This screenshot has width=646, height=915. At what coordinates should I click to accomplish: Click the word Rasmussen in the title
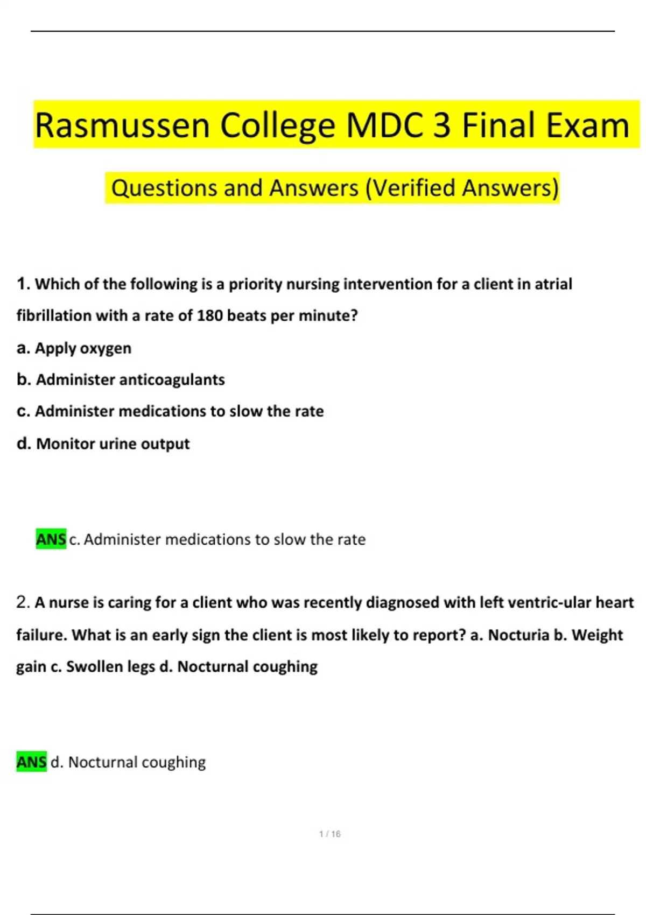[x=122, y=125]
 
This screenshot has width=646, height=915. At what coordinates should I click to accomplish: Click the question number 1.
[x=23, y=284]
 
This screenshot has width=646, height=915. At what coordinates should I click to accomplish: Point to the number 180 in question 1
[x=210, y=315]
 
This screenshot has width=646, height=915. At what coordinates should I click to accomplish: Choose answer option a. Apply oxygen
[x=74, y=348]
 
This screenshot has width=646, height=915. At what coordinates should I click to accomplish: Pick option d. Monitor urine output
[x=103, y=444]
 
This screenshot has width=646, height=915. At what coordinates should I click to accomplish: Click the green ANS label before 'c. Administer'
[x=51, y=539]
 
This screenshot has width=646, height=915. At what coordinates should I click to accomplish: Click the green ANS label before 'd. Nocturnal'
[x=32, y=762]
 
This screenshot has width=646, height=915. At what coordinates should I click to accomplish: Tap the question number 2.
[x=23, y=602]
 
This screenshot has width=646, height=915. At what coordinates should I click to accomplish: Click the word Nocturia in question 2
[x=518, y=635]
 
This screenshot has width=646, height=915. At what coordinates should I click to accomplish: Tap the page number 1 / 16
[x=329, y=834]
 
